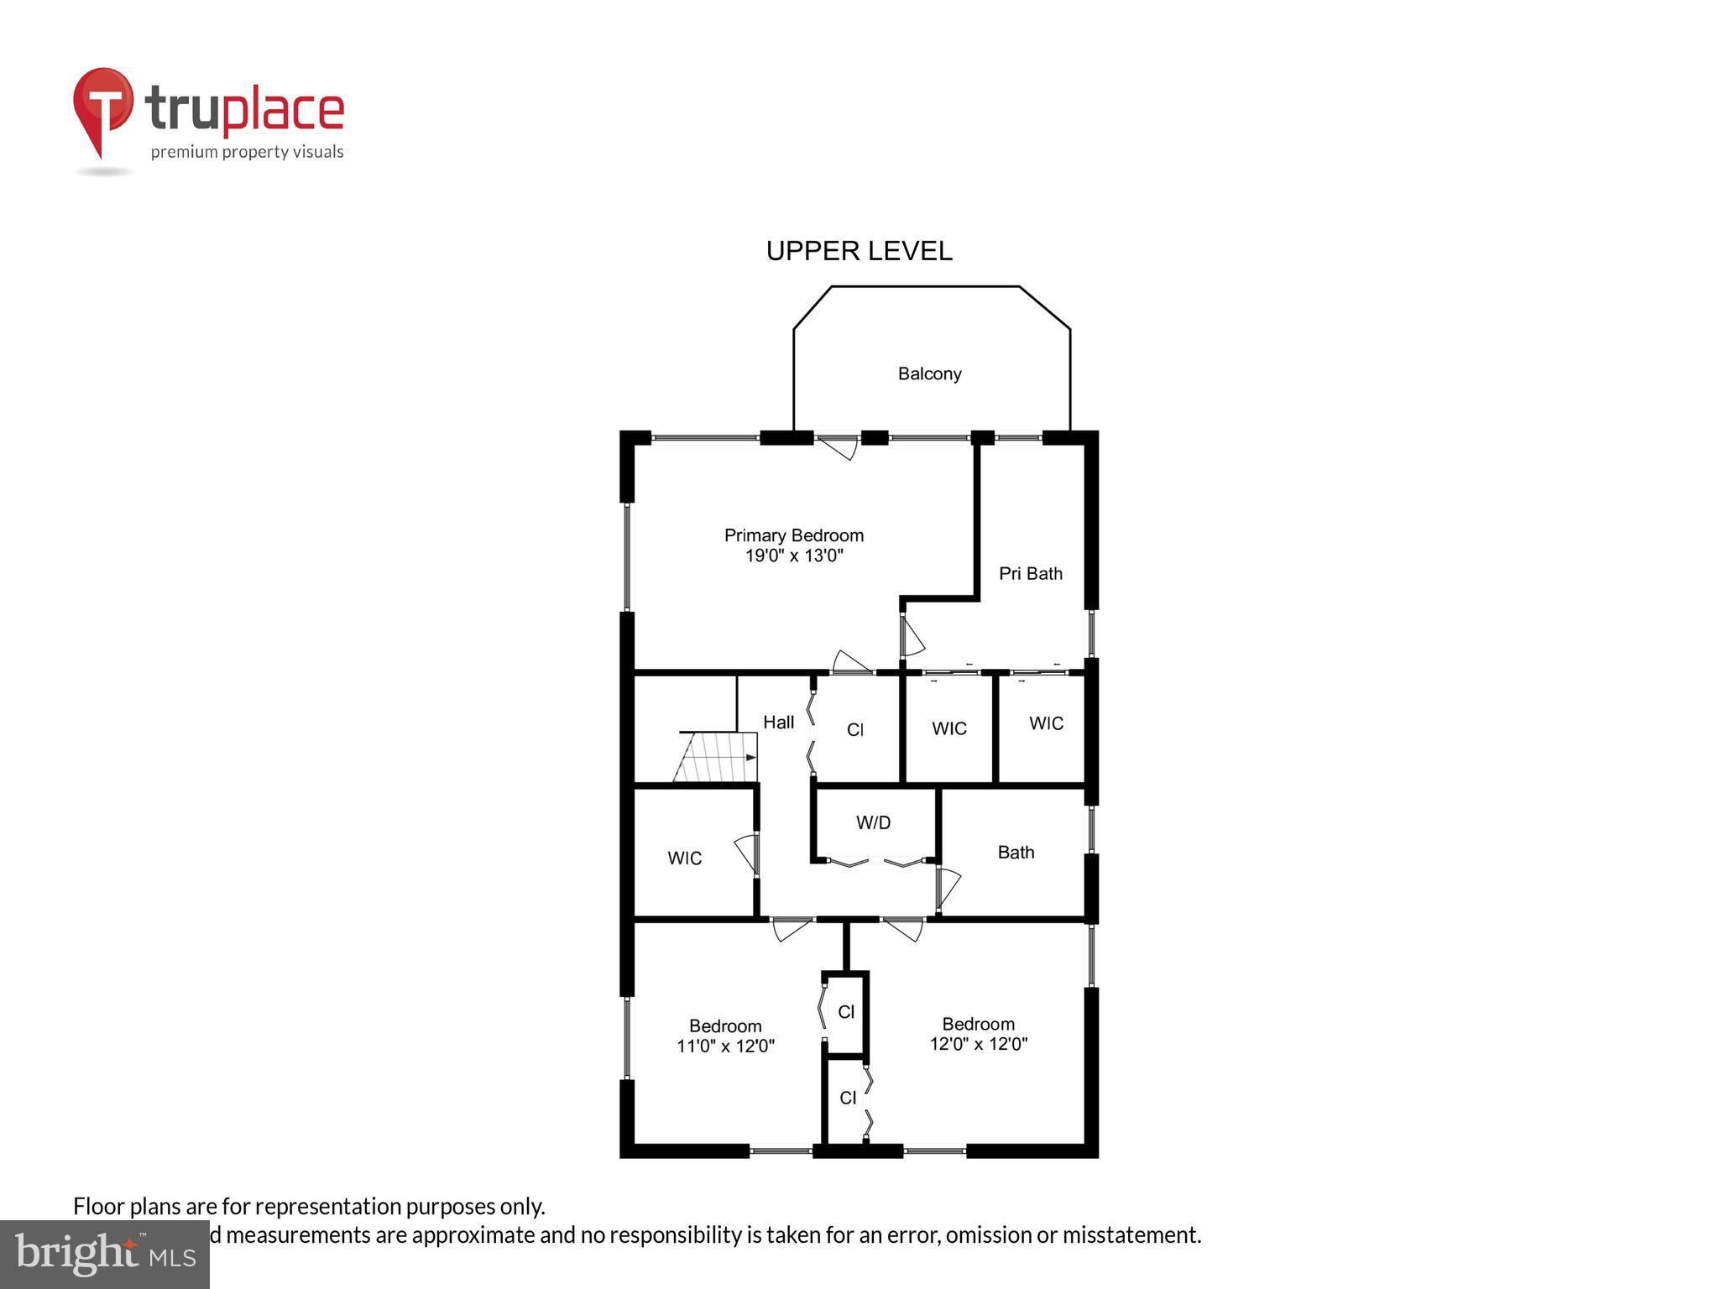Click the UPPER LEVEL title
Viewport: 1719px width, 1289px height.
[x=859, y=251]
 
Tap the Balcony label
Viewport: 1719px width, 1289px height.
[x=929, y=373]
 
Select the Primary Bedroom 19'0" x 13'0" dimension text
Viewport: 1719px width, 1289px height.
[x=794, y=556]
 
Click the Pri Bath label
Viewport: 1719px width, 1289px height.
[x=1030, y=574]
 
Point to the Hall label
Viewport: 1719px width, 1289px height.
[x=778, y=723]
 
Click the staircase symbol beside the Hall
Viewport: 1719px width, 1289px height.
[x=716, y=757]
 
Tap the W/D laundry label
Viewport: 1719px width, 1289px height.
[x=873, y=823]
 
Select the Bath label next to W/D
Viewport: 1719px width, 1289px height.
[x=1016, y=853]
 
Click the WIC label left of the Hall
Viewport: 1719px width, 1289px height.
[x=684, y=858]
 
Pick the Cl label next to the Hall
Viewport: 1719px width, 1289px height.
[x=854, y=730]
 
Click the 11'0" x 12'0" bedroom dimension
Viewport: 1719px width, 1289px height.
[x=725, y=1046]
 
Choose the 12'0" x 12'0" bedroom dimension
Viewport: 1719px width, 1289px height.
[x=978, y=1045]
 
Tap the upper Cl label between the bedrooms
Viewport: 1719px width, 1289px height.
[x=846, y=1013]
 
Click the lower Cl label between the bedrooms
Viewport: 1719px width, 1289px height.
[x=848, y=1099]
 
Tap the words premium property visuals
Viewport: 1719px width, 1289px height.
[x=247, y=152]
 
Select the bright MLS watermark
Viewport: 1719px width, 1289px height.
[x=104, y=1254]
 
